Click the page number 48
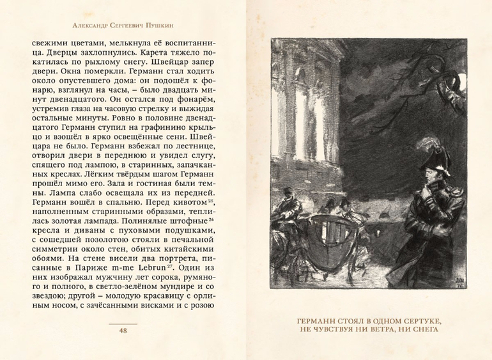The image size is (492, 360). [x=123, y=331]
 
